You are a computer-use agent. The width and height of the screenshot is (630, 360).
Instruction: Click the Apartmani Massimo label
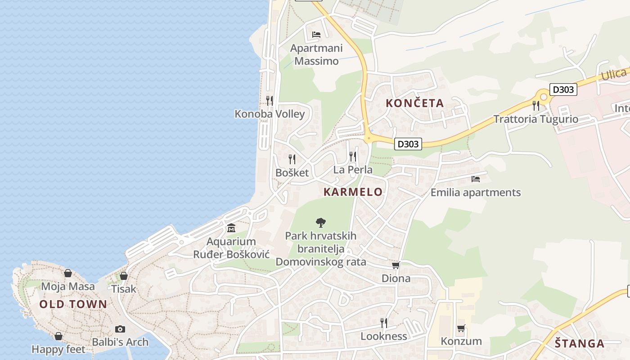(x=316, y=54)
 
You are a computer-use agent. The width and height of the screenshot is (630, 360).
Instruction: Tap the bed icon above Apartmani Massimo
(x=316, y=34)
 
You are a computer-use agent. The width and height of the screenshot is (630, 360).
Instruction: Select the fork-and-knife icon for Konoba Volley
(x=270, y=100)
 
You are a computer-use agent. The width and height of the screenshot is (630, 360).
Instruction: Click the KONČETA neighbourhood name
(x=414, y=103)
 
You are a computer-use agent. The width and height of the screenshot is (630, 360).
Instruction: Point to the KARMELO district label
(x=353, y=192)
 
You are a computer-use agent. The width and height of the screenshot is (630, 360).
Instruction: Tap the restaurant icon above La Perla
(x=353, y=156)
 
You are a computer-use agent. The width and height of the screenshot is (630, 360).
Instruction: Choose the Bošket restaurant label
(x=292, y=173)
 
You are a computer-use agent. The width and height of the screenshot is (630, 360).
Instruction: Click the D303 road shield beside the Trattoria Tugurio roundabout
(x=563, y=90)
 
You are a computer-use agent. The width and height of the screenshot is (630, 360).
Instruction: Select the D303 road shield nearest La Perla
(x=408, y=144)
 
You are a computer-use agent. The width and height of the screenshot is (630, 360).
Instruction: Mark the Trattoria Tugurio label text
(x=535, y=119)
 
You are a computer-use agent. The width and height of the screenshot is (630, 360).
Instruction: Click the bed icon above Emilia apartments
(x=476, y=179)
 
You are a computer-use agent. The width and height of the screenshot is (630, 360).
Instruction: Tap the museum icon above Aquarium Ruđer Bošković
(x=231, y=228)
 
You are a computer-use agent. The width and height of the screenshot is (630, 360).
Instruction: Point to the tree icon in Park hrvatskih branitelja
(x=320, y=222)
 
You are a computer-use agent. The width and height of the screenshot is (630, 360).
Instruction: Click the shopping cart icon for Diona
(x=396, y=265)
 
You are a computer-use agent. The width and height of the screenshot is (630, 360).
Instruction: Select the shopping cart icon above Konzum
(x=461, y=328)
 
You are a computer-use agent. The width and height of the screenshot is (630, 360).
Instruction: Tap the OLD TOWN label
(x=73, y=304)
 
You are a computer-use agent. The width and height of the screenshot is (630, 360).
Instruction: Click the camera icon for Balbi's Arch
(x=120, y=329)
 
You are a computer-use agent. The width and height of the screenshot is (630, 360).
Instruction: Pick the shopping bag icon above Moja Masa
(x=68, y=273)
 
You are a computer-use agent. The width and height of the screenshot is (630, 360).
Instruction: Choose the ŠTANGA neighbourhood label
(x=579, y=344)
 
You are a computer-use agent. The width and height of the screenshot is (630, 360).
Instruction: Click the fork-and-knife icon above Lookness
(x=383, y=323)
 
